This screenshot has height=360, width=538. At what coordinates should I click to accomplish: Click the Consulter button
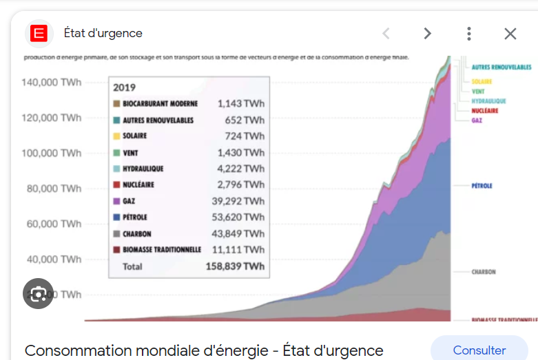click(x=479, y=350)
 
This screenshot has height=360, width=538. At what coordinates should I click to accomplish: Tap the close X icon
click(x=510, y=34)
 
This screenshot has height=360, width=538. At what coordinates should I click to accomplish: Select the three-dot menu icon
click(x=468, y=34)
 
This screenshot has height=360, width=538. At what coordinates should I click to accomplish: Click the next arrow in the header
click(x=427, y=34)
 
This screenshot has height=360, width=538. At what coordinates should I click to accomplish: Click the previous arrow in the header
click(x=386, y=34)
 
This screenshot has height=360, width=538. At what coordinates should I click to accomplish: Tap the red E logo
click(x=39, y=33)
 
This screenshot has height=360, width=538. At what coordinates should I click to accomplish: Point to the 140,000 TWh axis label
click(x=52, y=83)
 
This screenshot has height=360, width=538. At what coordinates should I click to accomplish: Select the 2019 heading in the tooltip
click(x=125, y=87)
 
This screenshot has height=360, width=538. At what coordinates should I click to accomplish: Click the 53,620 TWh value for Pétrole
click(x=241, y=218)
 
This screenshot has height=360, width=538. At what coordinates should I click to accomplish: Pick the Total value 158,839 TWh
click(x=235, y=266)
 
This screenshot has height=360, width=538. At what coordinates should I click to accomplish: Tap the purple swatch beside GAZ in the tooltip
click(x=117, y=202)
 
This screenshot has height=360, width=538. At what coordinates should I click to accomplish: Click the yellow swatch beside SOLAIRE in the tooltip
click(x=117, y=136)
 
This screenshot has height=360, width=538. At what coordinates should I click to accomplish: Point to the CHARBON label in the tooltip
click(x=137, y=234)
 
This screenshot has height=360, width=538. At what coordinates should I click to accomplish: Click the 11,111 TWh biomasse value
click(x=241, y=250)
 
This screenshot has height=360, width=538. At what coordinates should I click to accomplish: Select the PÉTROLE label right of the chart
click(x=482, y=186)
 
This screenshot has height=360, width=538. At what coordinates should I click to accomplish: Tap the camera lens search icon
click(x=38, y=294)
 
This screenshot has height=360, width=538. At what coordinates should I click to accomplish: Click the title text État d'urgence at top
click(x=103, y=33)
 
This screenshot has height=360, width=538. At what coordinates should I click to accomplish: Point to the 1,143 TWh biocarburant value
click(x=241, y=104)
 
